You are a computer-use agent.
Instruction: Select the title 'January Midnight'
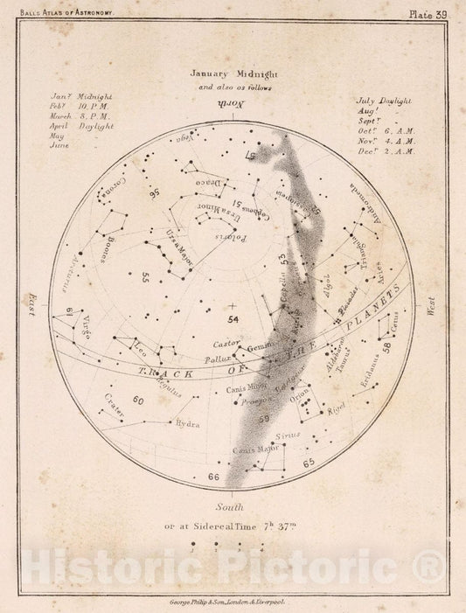point(233,75)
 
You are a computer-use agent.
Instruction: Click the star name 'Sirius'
point(289,434)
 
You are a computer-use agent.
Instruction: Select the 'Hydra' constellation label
point(188,424)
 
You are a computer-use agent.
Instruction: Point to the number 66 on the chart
point(213,477)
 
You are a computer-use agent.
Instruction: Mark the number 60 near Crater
point(137,400)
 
